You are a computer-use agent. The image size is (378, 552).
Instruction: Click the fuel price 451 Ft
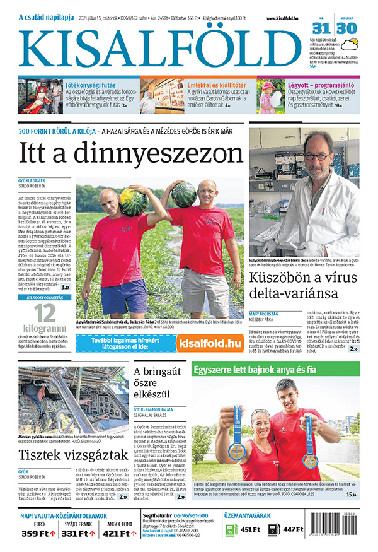coord(251,530)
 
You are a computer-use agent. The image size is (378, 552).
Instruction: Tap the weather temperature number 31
coord(321,29)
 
